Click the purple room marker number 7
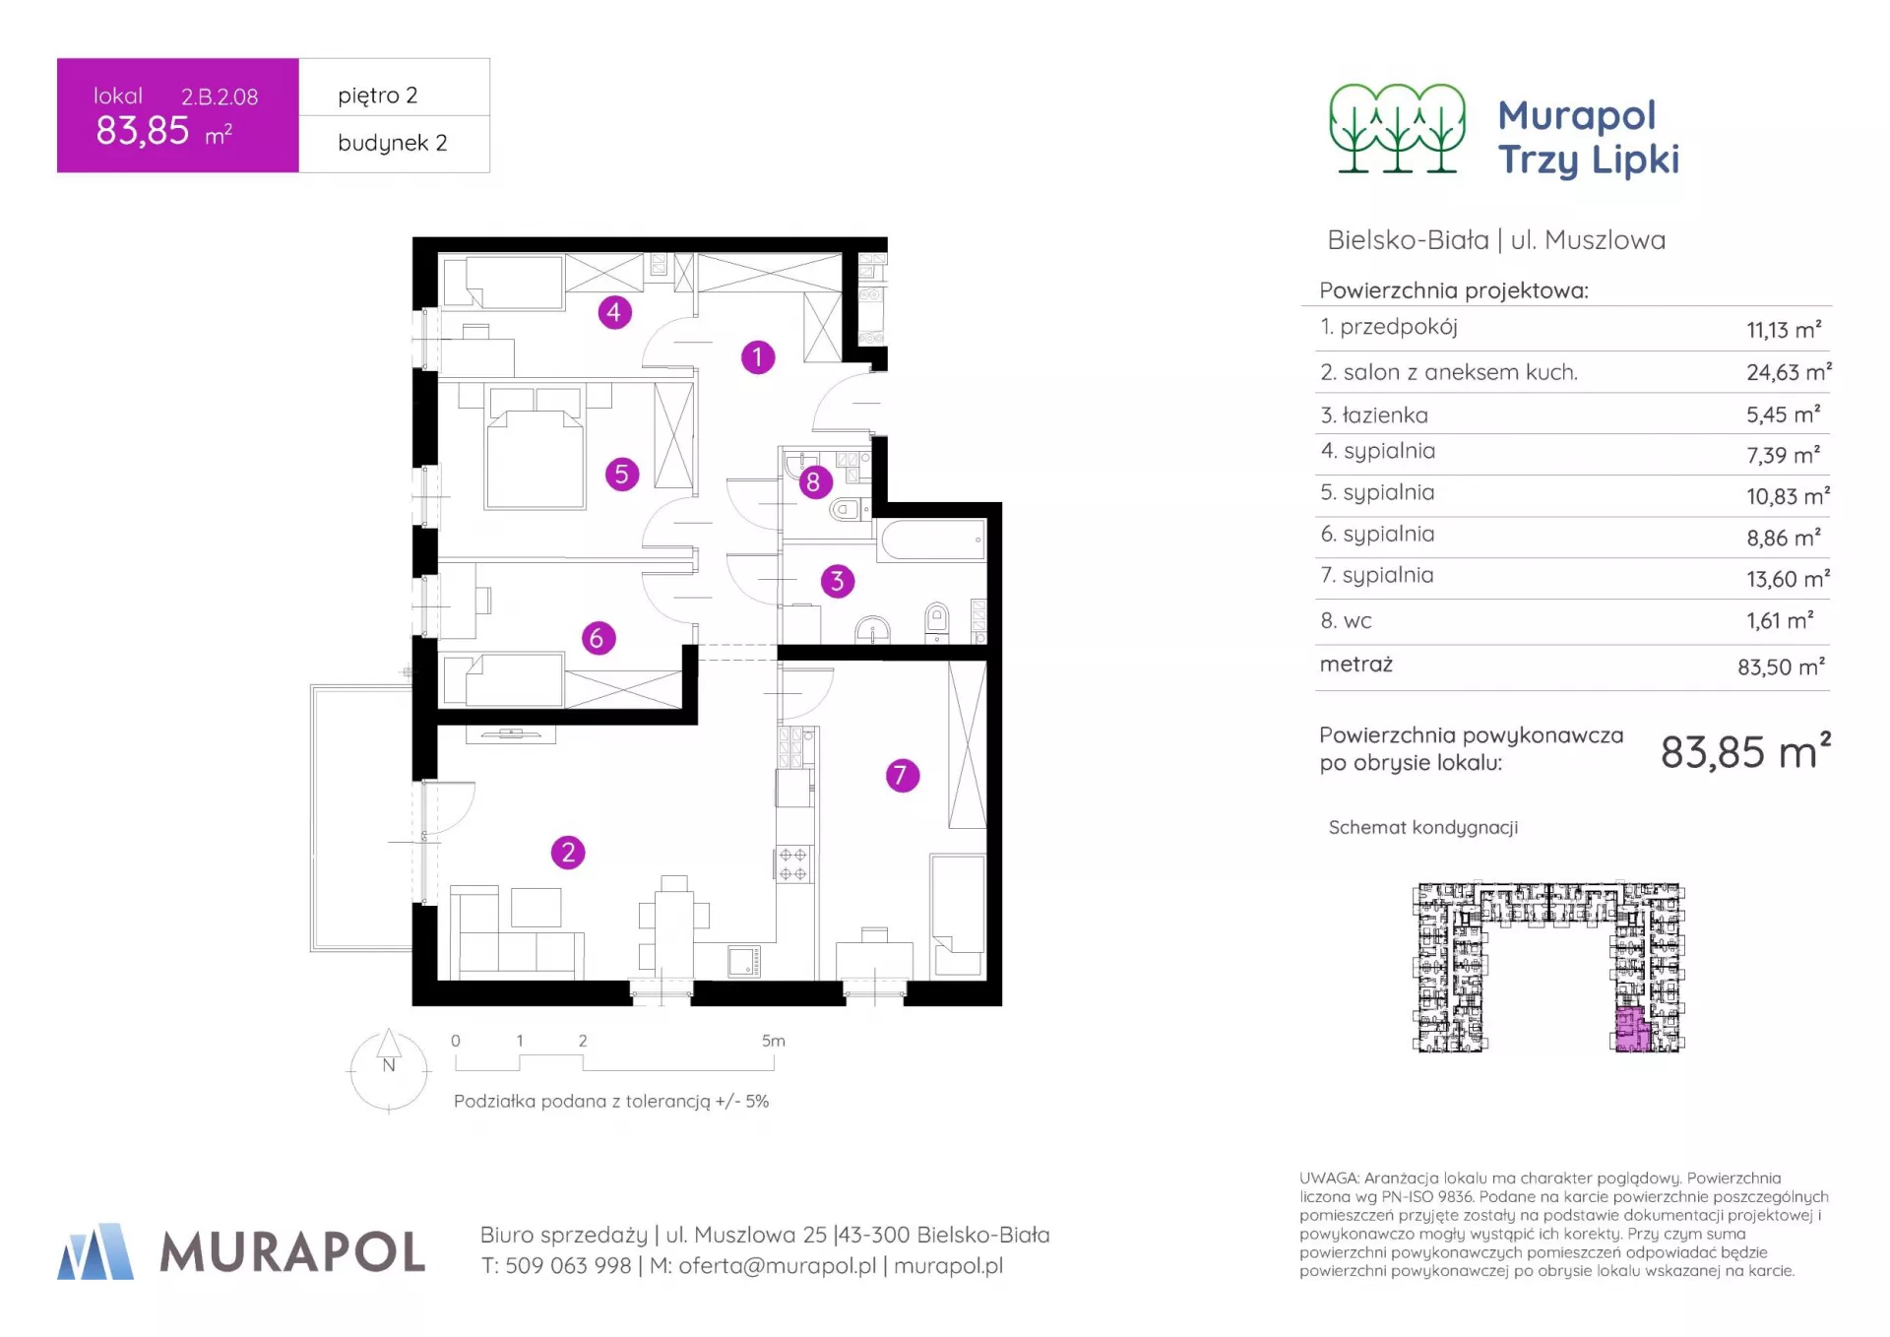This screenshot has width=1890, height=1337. tap(902, 775)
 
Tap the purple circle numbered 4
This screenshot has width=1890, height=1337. tap(614, 312)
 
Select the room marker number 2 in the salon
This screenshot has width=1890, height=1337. tap(568, 852)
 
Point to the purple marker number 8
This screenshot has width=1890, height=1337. tap(813, 481)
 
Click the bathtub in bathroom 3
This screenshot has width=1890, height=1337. tap(932, 540)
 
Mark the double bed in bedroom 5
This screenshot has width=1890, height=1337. tap(535, 448)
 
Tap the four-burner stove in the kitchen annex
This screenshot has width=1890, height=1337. tap(793, 863)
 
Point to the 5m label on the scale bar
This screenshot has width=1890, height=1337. tap(774, 1041)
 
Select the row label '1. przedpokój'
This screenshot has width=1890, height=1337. tap(1389, 327)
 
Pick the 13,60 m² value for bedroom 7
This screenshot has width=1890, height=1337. tap(1788, 579)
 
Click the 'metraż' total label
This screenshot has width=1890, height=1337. tap(1355, 665)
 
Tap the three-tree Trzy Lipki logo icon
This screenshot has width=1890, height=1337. tap(1397, 129)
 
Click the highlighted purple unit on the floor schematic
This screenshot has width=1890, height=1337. tap(1632, 1030)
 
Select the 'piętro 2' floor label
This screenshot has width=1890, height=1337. tap(378, 95)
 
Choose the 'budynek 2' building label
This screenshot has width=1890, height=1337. tap(392, 143)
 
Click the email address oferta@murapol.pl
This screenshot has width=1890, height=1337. tap(778, 1266)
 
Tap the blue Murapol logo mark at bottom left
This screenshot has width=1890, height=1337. tap(95, 1251)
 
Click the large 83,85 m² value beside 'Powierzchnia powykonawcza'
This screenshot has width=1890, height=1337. tap(1745, 751)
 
